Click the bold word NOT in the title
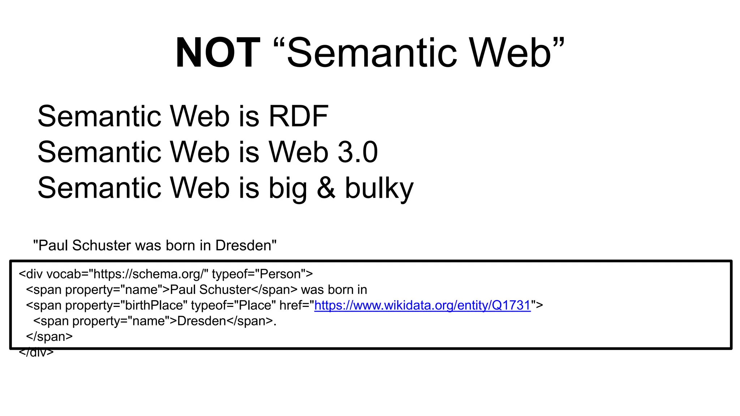[x=218, y=53]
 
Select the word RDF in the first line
[x=298, y=116]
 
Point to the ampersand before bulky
[x=326, y=188]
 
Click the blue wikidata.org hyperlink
[x=422, y=305]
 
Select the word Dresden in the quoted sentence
[x=244, y=246]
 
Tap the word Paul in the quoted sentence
[x=53, y=246]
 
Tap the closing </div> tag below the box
[x=36, y=352]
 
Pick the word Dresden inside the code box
[x=202, y=321]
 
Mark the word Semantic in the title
[x=372, y=53]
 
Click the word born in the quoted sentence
[x=181, y=246]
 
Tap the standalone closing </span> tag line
[x=49, y=337]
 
